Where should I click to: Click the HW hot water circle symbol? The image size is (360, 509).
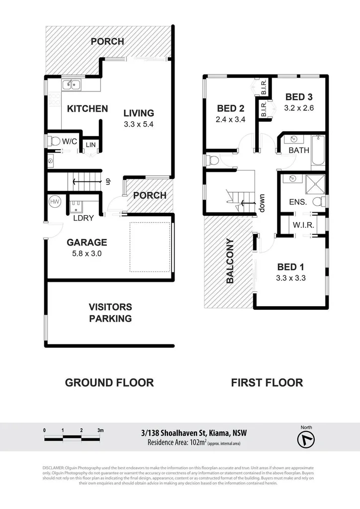54,201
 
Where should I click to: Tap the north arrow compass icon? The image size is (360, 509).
305,439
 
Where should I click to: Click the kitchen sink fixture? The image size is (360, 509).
72,85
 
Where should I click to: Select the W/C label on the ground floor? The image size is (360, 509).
69,142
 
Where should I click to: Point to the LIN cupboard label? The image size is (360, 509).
90,145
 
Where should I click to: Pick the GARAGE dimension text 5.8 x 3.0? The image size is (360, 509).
87,253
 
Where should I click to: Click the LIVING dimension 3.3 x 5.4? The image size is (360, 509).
139,125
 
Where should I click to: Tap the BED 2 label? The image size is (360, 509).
230,108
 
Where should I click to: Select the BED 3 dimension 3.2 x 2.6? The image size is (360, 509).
299,107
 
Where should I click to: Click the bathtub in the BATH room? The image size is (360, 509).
317,150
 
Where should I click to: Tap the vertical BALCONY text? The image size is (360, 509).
230,261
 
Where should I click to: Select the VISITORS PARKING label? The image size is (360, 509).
110,313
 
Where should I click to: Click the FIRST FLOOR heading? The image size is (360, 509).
267,382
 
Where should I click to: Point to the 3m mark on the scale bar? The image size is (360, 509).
100,430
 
